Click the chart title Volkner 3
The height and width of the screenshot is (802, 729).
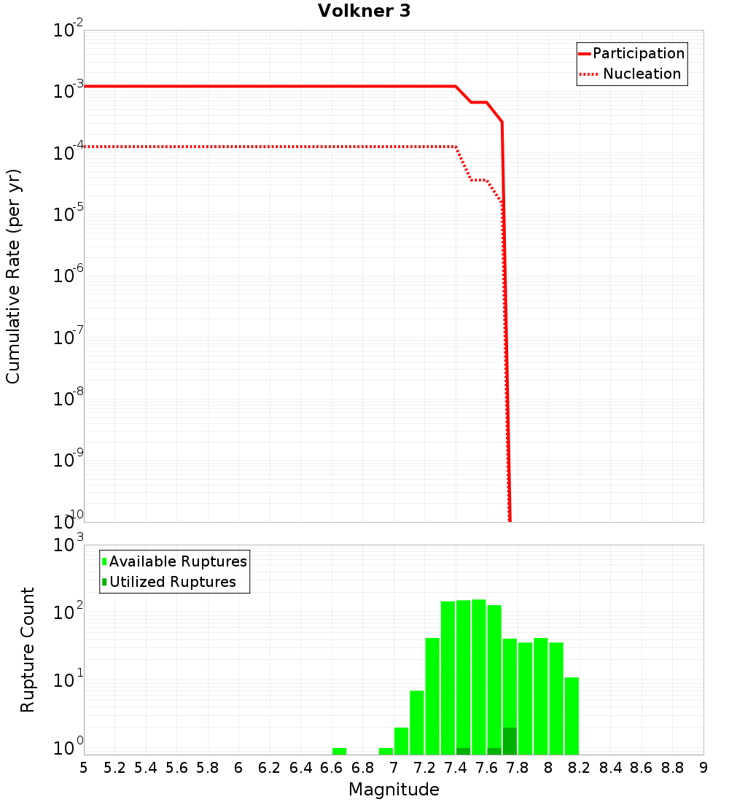364,11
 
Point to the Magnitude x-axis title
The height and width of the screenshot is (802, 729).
394,790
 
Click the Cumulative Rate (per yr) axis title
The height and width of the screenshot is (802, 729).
13,276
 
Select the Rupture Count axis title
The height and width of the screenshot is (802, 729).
28,649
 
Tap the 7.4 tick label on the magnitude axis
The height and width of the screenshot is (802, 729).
456,768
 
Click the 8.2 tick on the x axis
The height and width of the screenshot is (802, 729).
580,768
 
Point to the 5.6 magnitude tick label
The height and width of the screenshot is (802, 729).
176,768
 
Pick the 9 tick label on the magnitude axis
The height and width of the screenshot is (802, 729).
703,768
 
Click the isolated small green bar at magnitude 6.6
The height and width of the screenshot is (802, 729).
339,751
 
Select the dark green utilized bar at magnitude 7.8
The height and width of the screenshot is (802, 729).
510,741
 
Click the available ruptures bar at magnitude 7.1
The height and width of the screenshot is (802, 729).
417,723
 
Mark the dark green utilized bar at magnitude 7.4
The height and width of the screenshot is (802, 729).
463,751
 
